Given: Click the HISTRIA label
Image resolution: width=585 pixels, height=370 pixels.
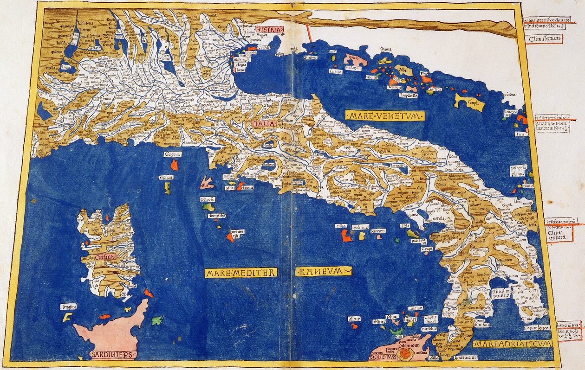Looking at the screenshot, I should pyautogui.click(x=269, y=30).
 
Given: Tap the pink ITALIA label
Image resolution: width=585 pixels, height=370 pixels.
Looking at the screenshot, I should pyautogui.click(x=265, y=124).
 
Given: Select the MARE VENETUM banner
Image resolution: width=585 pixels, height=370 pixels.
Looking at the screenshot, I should pyautogui.click(x=385, y=115).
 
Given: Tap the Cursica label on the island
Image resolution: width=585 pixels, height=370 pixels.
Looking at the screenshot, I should pyautogui.click(x=104, y=255).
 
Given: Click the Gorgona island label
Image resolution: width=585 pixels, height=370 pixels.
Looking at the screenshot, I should pyautogui.click(x=172, y=154).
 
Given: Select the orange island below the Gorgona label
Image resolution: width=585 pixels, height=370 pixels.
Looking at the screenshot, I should pyautogui.click(x=175, y=165).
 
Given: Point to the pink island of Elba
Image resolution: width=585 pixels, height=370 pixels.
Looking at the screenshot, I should pyautogui.click(x=207, y=184).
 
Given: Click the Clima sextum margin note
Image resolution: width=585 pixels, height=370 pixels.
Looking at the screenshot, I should pyautogui.click(x=546, y=38).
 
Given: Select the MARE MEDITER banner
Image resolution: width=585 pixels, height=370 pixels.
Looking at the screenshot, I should pyautogui.click(x=240, y=273).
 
